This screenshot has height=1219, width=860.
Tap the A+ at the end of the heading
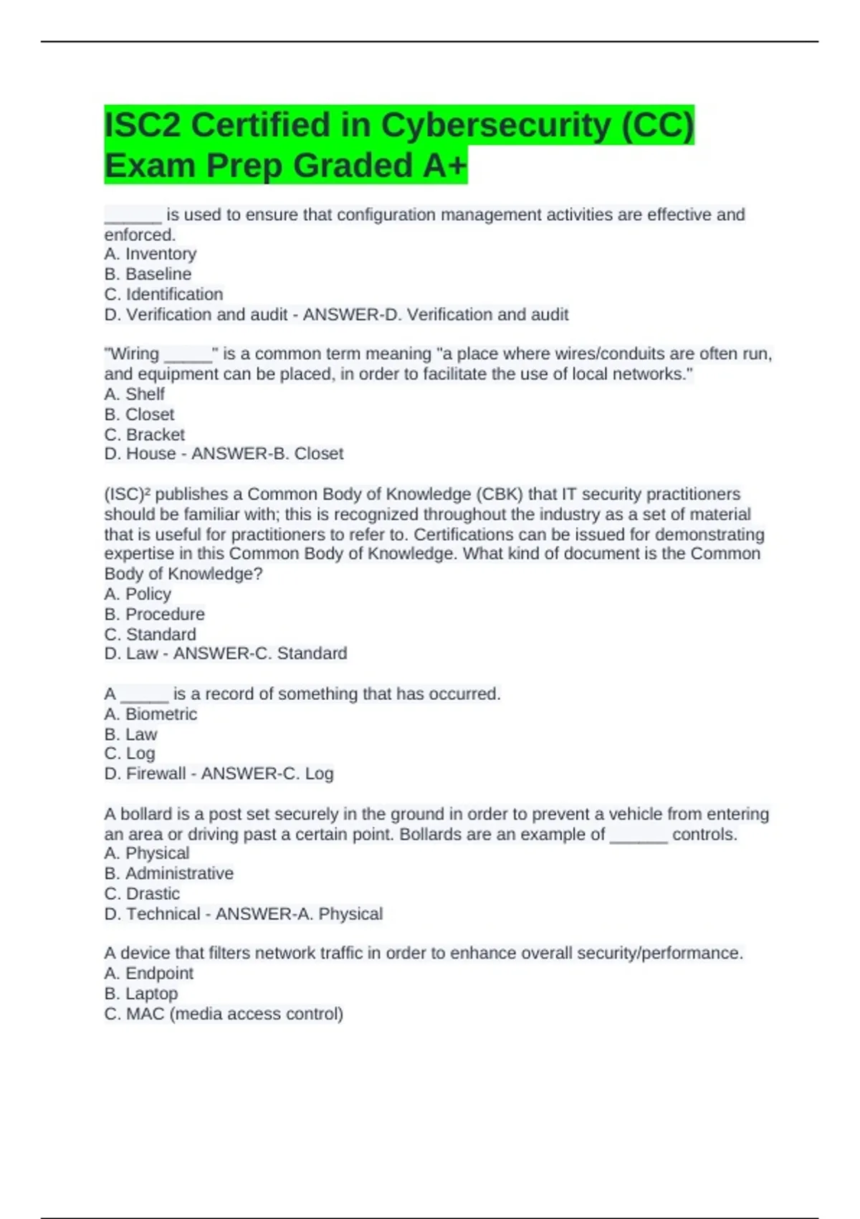click(x=444, y=166)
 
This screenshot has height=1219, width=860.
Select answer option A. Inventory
click(x=150, y=254)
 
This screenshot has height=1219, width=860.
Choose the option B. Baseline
click(x=148, y=274)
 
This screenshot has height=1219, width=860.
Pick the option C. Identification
click(x=163, y=294)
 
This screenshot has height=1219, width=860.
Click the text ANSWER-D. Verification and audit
click(x=436, y=314)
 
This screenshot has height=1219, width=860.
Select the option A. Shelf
click(x=134, y=394)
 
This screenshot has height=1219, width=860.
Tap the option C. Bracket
click(x=144, y=435)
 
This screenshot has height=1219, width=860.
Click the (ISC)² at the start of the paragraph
click(x=127, y=494)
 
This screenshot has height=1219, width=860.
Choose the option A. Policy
click(x=138, y=594)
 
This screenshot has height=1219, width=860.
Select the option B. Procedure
click(x=154, y=614)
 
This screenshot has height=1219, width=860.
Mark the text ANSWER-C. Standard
click(x=260, y=653)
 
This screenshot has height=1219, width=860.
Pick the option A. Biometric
click(x=150, y=714)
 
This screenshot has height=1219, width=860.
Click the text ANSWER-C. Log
click(x=267, y=773)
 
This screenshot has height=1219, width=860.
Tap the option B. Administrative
click(x=168, y=873)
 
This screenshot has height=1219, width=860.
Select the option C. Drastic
click(x=142, y=893)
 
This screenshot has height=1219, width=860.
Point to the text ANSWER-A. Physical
click(x=299, y=914)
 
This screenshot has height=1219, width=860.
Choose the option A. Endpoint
click(x=148, y=973)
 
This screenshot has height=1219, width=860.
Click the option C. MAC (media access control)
click(x=224, y=1014)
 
